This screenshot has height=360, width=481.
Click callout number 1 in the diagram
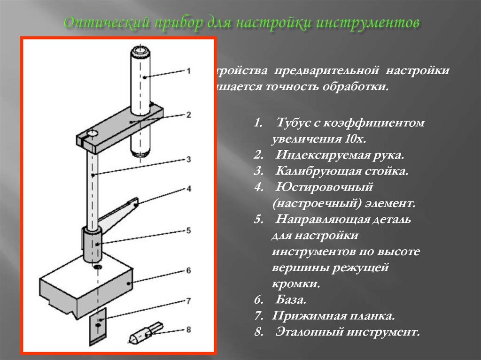coord(188,71)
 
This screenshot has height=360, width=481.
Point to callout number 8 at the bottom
coord(188,329)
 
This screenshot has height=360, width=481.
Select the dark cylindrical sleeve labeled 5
coord(93,244)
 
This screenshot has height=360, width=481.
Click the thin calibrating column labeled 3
coord(93,188)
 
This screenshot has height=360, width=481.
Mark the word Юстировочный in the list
coord(324,187)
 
